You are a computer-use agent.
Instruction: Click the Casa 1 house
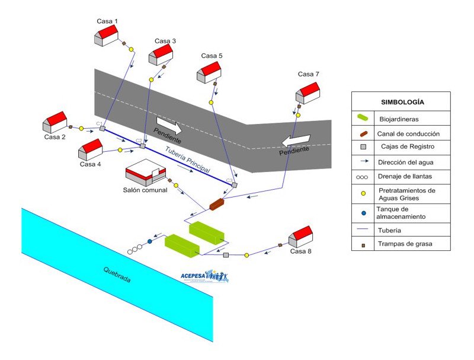(107, 36)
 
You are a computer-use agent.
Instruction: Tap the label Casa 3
(165, 41)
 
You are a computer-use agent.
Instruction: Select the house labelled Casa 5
(209, 72)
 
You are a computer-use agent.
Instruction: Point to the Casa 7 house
(308, 92)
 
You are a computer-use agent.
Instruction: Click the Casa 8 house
(300, 237)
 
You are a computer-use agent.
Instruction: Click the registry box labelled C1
(103, 128)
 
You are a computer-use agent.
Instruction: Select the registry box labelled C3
(235, 185)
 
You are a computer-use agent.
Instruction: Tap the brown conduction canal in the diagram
(217, 205)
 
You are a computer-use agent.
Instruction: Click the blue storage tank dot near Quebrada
(149, 241)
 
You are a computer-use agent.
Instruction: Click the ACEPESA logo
(203, 277)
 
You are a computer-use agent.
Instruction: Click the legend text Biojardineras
(397, 119)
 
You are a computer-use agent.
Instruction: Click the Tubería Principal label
(188, 160)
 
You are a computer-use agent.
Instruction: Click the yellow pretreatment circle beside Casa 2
(81, 128)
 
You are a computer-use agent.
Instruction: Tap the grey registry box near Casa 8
(226, 255)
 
